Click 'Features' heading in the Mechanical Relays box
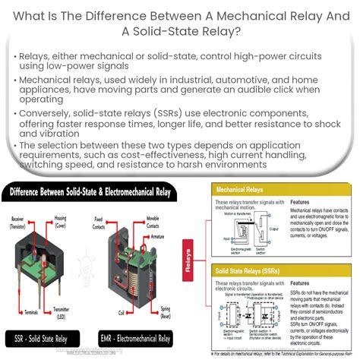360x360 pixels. point(303,203)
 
